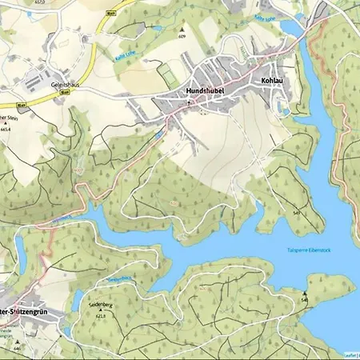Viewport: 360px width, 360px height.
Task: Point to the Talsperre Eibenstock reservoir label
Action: pyautogui.click(x=309, y=250)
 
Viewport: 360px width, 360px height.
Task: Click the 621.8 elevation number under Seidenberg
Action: pyautogui.click(x=101, y=317)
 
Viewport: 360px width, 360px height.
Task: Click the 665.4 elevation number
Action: pyautogui.click(x=8, y=128)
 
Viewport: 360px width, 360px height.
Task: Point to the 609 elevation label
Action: pyautogui.click(x=182, y=37)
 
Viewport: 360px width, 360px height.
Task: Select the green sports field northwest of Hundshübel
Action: pyautogui.click(x=167, y=75)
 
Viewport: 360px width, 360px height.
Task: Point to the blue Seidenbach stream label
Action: pyautogui.click(x=118, y=280)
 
